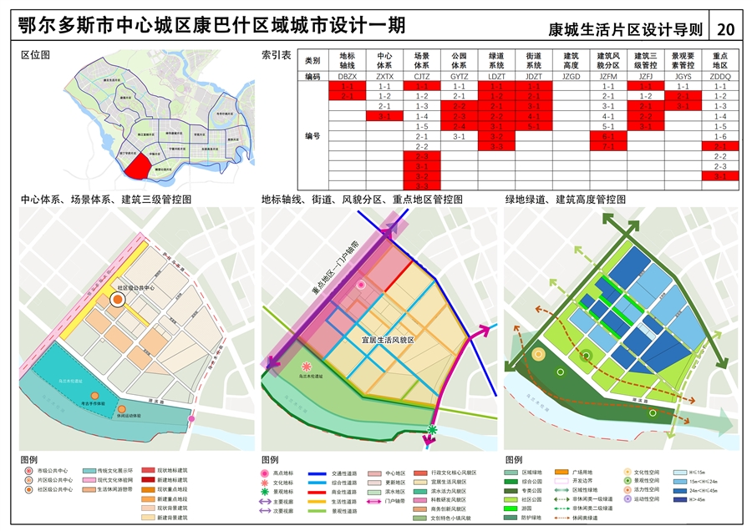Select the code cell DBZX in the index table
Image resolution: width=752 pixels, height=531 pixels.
click(347, 76)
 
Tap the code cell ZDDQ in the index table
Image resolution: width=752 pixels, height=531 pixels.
click(719, 76)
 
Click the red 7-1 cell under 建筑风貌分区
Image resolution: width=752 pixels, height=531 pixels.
click(608, 146)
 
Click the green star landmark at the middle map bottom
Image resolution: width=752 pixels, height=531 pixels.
click(433, 429)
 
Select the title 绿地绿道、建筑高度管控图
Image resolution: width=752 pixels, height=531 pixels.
click(564, 200)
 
